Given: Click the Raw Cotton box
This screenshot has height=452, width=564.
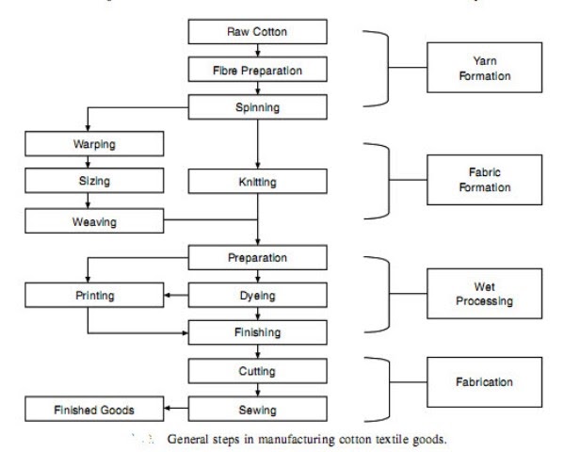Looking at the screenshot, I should point(257,32).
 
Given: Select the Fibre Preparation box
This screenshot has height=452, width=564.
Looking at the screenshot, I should point(257,70).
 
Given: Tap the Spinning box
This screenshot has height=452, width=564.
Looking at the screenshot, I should point(257,106).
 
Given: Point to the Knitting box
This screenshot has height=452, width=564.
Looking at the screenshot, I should point(257,182).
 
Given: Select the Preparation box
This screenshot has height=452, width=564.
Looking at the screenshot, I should point(257,257).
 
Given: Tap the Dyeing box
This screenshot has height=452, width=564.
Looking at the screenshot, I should point(257,296).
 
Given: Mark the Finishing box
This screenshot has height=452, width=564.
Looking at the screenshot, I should point(257,332).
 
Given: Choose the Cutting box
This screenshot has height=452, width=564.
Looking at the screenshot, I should point(257,371).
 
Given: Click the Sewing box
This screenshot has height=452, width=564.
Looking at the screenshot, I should point(257,409).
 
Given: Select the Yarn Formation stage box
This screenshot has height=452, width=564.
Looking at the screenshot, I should point(484,69).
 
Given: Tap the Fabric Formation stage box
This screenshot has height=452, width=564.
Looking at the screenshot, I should point(484,180).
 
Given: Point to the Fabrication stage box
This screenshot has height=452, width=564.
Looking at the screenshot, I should point(484,383).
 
